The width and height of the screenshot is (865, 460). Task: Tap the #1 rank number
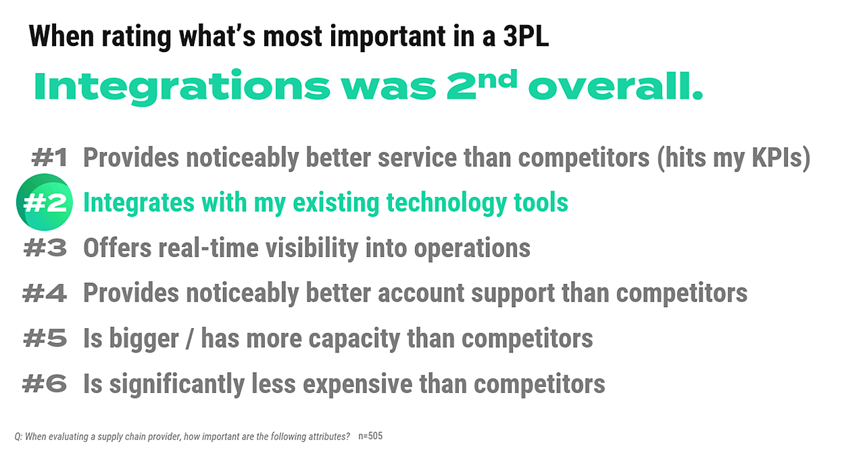[49, 158]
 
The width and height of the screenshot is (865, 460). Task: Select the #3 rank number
[45, 248]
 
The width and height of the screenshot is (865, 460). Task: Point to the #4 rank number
[45, 294]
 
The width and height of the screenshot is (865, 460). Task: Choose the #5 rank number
[45, 338]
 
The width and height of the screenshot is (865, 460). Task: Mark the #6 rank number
[45, 384]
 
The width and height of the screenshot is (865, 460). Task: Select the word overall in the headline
[615, 87]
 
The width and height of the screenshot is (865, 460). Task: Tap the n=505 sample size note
[370, 436]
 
